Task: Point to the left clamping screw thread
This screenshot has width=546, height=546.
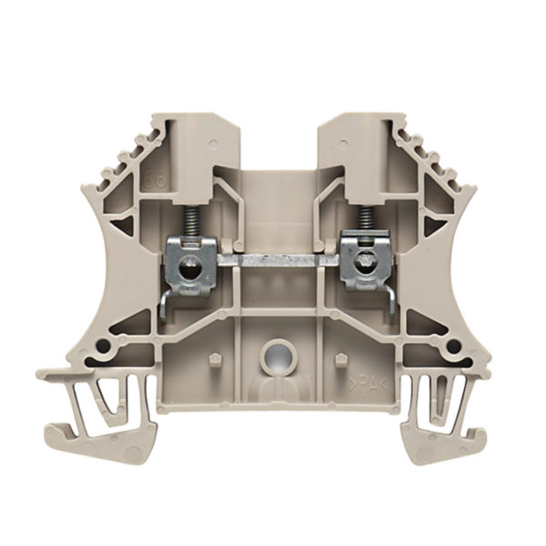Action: (x=192, y=223)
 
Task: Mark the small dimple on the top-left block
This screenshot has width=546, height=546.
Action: (x=212, y=143)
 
